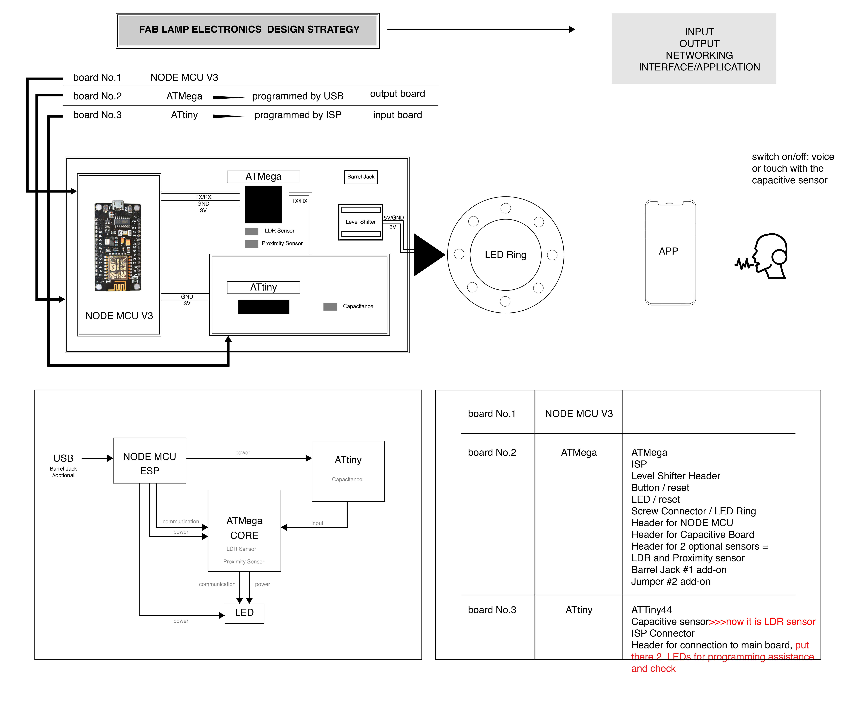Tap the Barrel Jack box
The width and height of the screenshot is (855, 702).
[361, 177]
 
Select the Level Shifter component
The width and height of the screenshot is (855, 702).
[360, 222]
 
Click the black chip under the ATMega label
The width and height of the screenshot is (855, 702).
[263, 204]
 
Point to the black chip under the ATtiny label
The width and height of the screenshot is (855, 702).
[263, 307]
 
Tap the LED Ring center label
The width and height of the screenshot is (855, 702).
[505, 255]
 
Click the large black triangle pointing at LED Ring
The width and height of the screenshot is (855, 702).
[428, 255]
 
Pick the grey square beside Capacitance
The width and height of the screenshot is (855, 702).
[330, 307]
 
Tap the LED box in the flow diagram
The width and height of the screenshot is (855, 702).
[244, 613]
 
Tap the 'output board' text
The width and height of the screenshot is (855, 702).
[397, 94]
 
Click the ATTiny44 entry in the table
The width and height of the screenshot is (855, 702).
[651, 610]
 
